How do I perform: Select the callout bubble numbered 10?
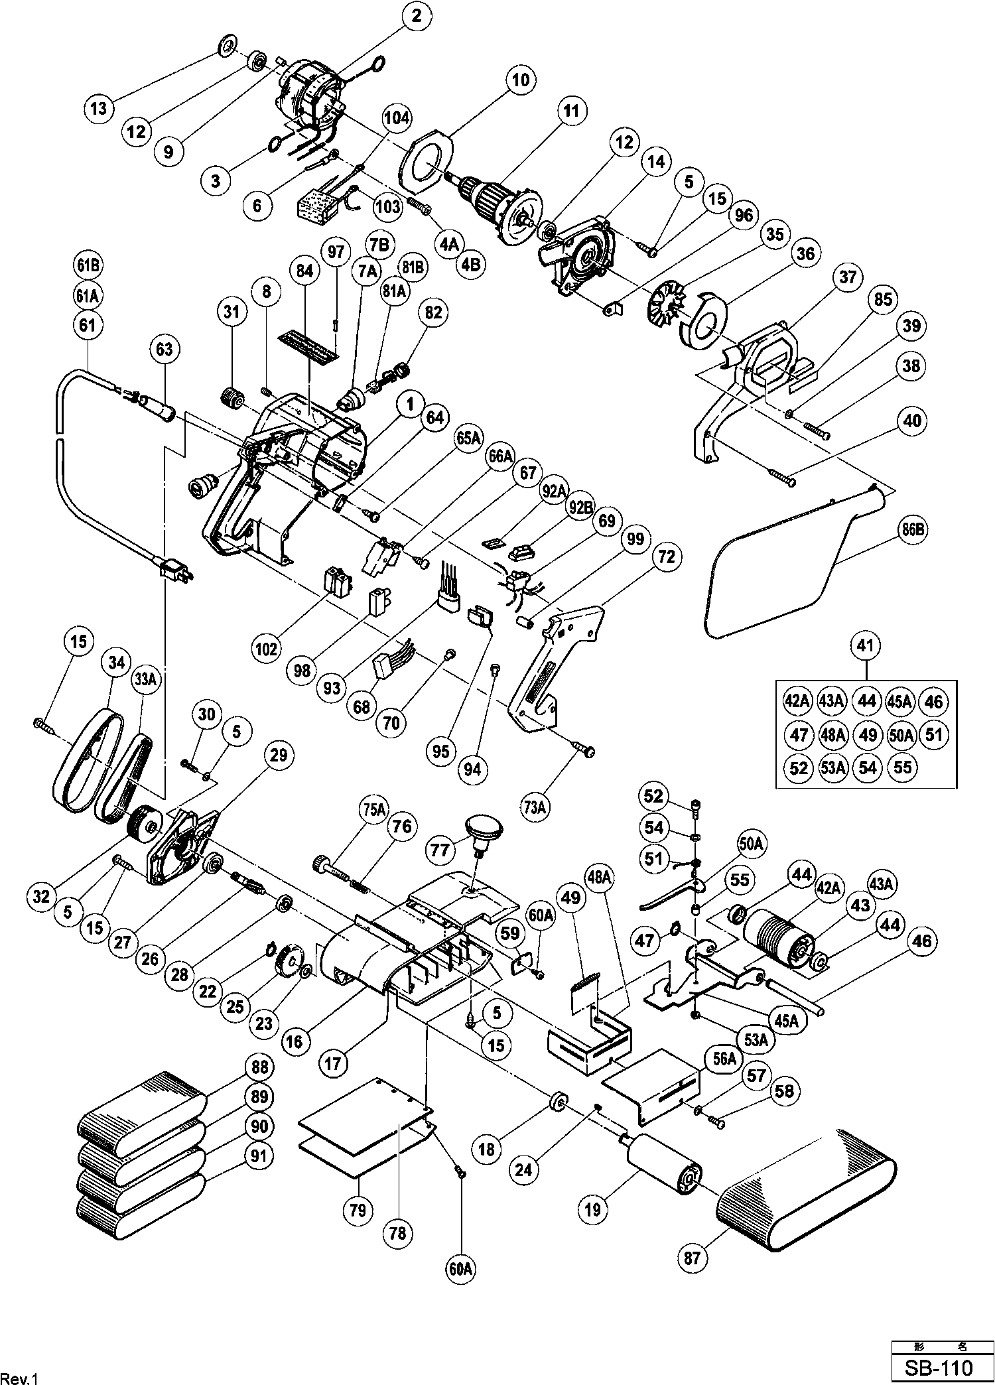point(520,81)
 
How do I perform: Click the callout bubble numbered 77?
point(440,850)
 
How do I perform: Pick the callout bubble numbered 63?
point(164,348)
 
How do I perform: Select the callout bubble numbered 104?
point(396,118)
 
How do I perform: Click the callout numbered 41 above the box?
point(866,644)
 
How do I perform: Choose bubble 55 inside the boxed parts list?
point(903,767)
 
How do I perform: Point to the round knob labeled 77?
point(484,828)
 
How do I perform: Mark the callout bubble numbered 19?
point(592,1209)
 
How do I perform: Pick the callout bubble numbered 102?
point(267,648)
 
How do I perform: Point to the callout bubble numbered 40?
point(912,421)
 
